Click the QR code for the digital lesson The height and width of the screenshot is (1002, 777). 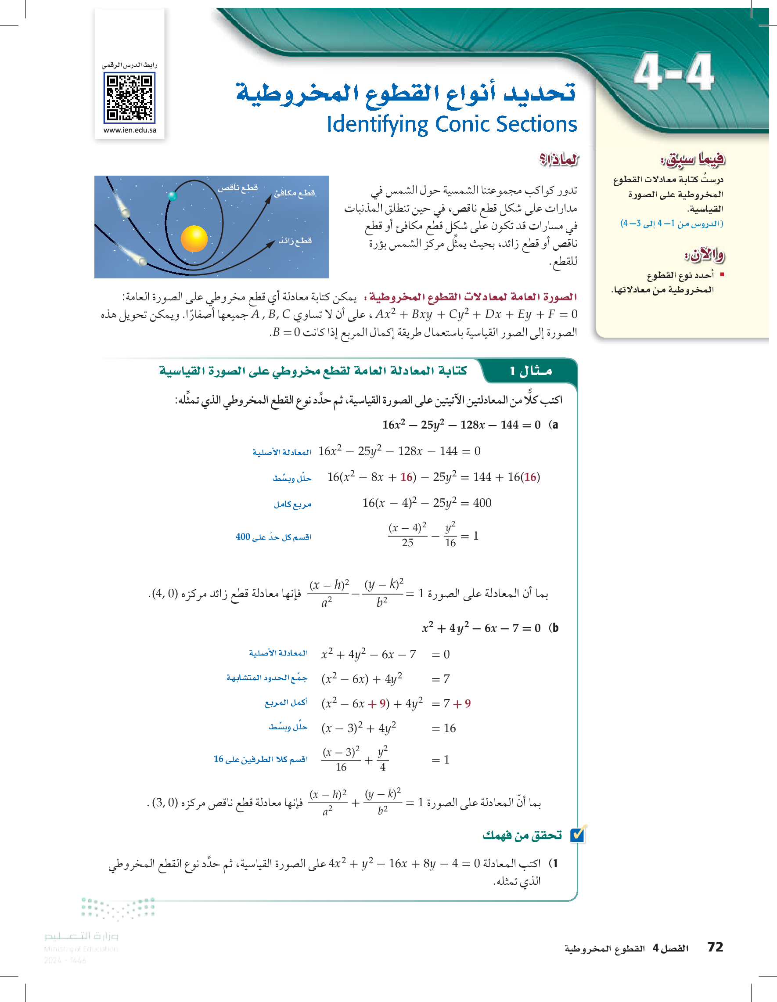click(x=130, y=98)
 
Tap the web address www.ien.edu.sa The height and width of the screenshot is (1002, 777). click(x=130, y=130)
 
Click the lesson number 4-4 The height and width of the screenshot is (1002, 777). click(x=673, y=72)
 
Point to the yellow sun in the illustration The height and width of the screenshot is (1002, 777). click(x=194, y=238)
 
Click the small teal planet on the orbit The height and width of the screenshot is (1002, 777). click(x=173, y=196)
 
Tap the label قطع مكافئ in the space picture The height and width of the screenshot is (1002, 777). click(x=295, y=193)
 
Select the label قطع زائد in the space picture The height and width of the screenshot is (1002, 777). click(x=295, y=241)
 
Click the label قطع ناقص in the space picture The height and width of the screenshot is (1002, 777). click(x=237, y=187)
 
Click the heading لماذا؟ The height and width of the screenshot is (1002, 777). click(x=559, y=160)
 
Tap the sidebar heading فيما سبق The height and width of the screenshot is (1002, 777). click(x=693, y=159)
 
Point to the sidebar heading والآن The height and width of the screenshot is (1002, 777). click(x=704, y=255)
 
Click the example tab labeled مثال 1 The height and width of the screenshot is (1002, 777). click(x=531, y=371)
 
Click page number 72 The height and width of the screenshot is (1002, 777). click(x=715, y=947)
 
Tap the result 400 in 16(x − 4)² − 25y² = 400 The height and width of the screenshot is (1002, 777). click(x=482, y=503)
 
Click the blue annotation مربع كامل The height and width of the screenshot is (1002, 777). click(x=293, y=504)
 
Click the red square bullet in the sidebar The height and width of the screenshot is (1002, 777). click(x=722, y=274)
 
